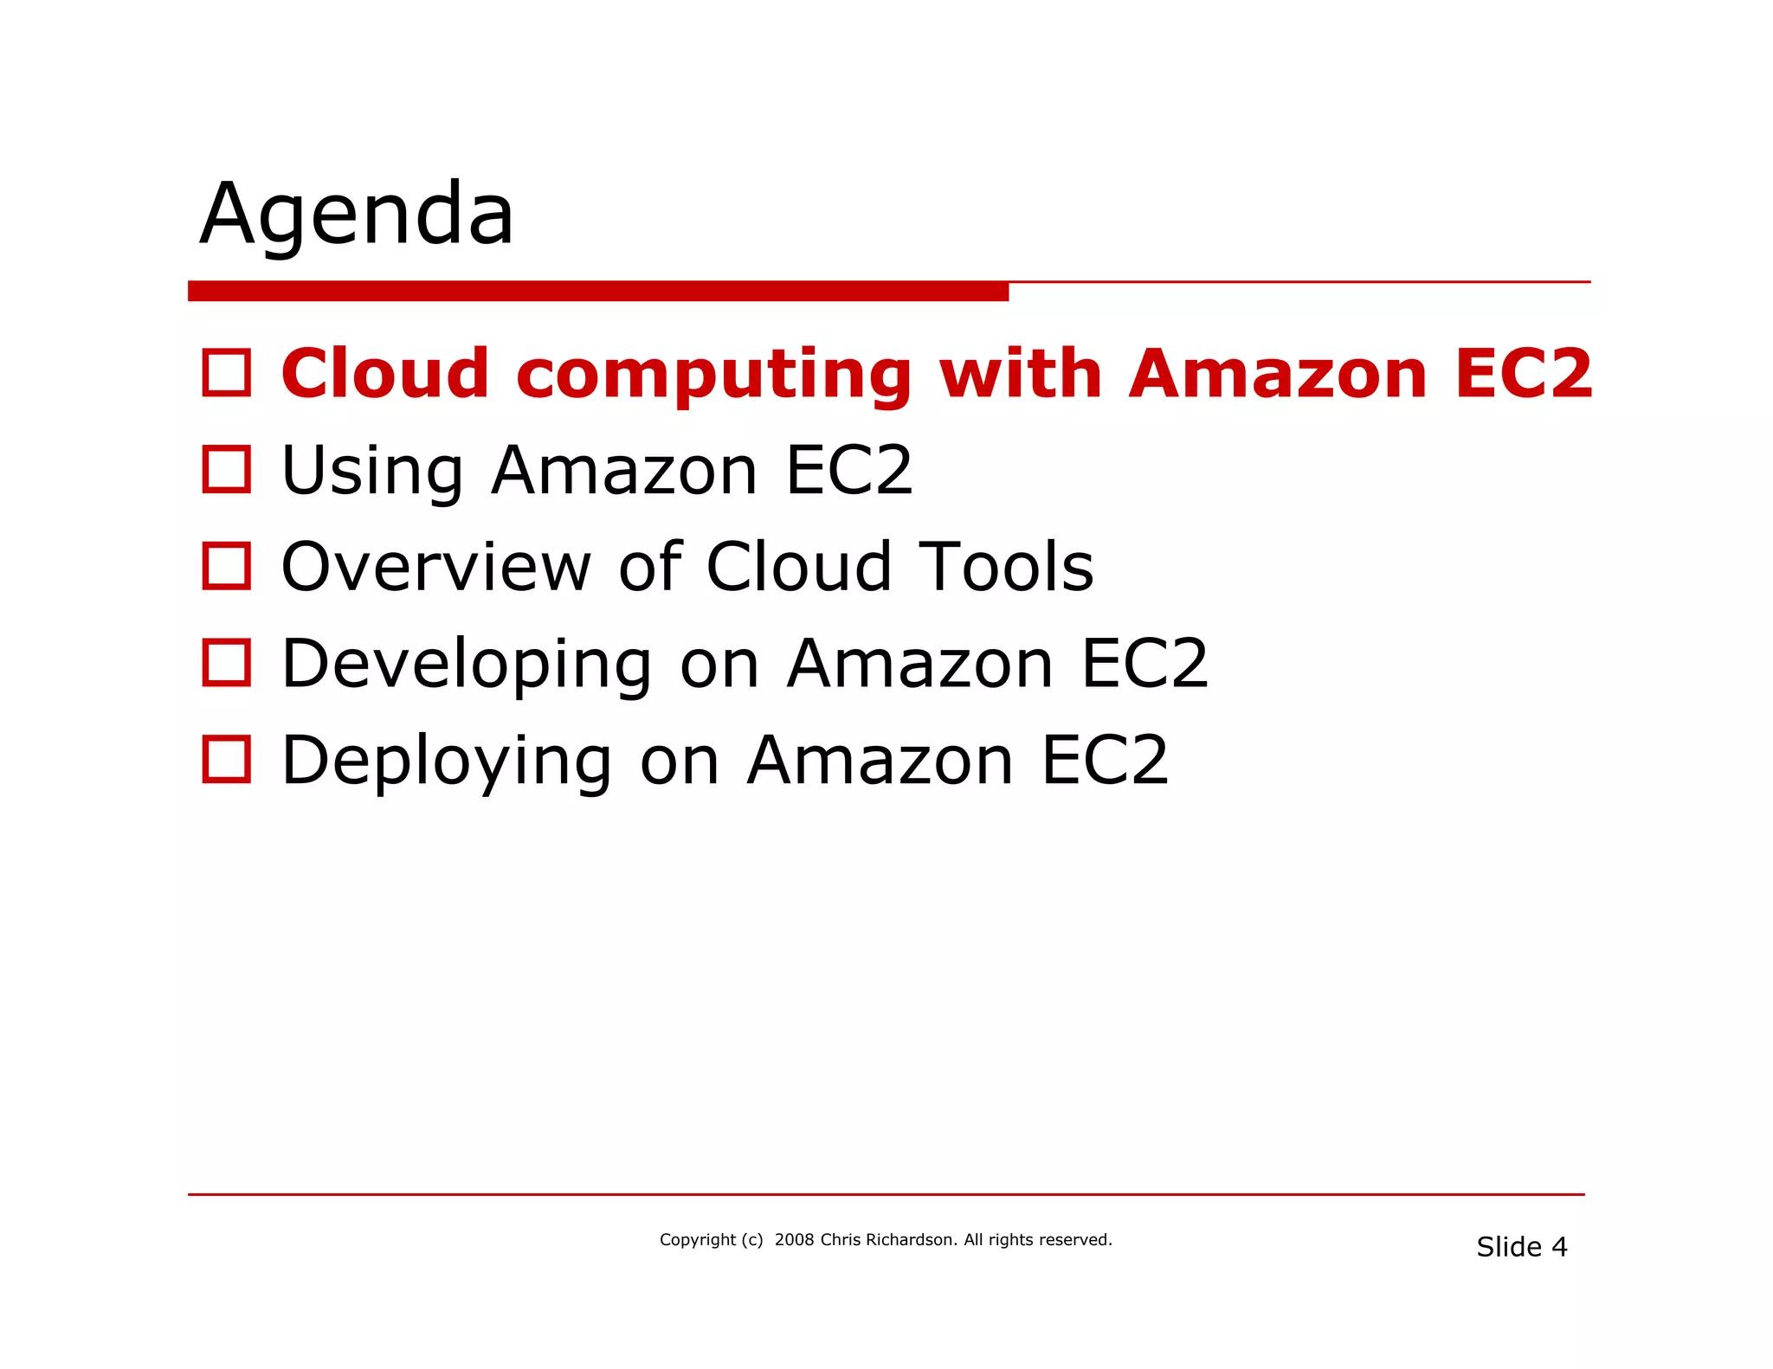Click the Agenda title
[x=357, y=215]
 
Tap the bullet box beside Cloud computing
[x=227, y=373]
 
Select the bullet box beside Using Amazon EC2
[x=227, y=470]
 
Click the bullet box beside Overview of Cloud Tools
[x=227, y=566]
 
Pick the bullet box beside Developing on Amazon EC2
[x=227, y=663]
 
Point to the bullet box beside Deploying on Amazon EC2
[x=227, y=760]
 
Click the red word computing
[x=713, y=375]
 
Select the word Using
[x=373, y=472]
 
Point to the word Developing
[x=467, y=665]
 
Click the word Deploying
[x=447, y=762]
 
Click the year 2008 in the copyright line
[x=794, y=1240]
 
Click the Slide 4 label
[x=1521, y=1247]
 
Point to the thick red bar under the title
[x=597, y=291]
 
